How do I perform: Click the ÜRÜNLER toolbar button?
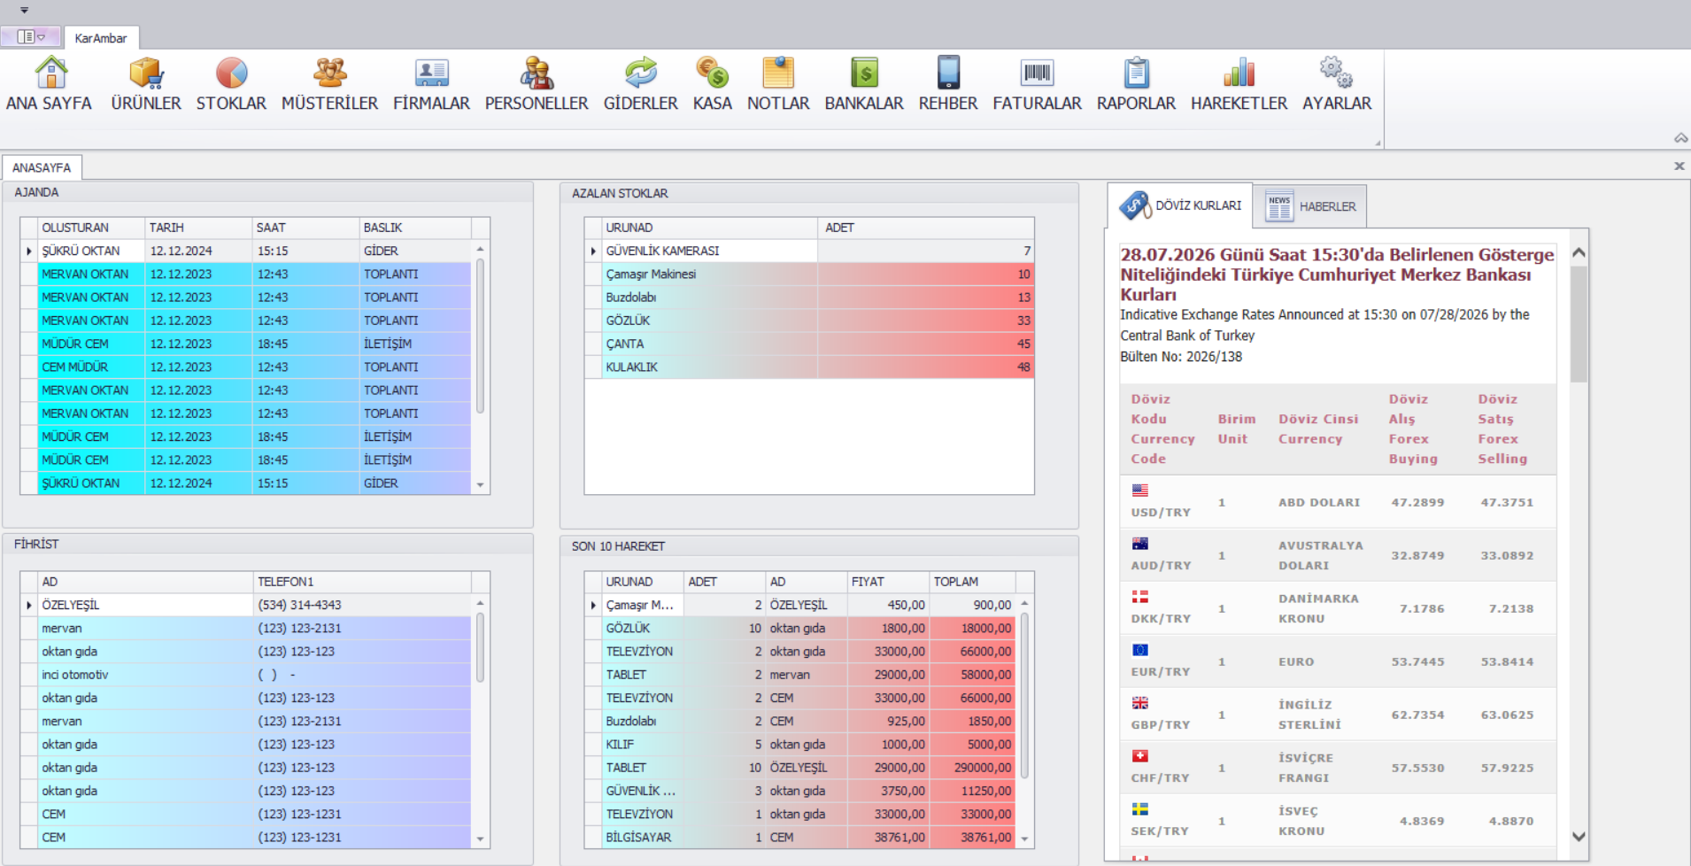click(146, 85)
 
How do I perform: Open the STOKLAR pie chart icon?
click(231, 73)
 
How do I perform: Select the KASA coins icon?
click(712, 73)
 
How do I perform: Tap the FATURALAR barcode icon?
click(1037, 73)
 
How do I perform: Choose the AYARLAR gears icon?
click(1336, 73)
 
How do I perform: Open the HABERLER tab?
click(1310, 206)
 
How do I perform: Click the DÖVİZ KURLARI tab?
click(1180, 205)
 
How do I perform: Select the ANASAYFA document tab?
click(42, 167)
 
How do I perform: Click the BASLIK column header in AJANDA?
click(383, 228)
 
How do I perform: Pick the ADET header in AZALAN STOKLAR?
click(839, 228)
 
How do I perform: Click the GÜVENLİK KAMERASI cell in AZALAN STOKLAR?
click(662, 251)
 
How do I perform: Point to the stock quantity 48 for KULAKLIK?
click(1023, 367)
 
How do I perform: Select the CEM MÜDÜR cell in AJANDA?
click(75, 367)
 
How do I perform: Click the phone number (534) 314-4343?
click(299, 605)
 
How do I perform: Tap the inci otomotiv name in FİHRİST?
click(75, 675)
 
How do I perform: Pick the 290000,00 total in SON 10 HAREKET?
click(983, 768)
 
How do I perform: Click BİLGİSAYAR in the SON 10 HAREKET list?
click(638, 837)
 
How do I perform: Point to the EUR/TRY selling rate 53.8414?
click(1507, 661)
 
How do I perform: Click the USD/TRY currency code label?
click(1161, 513)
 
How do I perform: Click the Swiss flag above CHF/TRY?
click(1140, 756)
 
